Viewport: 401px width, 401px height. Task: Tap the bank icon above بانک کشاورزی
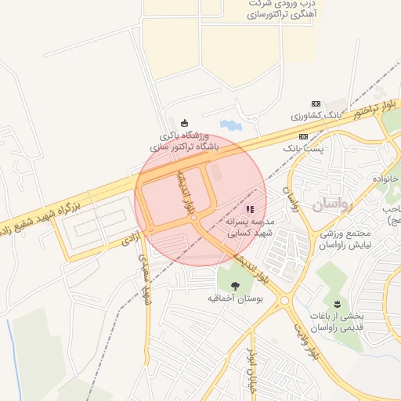[316, 103]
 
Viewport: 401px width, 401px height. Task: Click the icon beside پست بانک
[302, 135]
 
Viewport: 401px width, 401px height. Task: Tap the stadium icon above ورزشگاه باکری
[184, 122]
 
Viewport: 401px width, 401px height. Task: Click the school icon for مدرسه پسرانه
[250, 209]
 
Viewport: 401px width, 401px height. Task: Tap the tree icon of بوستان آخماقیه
[236, 285]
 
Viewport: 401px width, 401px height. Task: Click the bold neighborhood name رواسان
[334, 204]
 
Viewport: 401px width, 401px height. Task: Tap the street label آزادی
[130, 240]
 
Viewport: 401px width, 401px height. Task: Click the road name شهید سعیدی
[145, 278]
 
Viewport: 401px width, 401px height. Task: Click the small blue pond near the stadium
[231, 125]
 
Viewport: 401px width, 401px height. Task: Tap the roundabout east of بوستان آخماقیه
[284, 300]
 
